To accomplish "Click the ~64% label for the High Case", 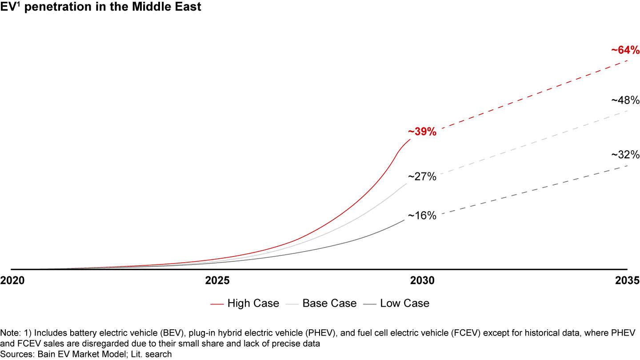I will coord(625,50).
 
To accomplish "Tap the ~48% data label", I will coord(625,100).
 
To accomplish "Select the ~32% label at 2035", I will coord(625,155).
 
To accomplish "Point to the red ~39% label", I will coord(422,132).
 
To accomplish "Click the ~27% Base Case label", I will coord(422,176).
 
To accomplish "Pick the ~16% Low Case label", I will coord(422,216).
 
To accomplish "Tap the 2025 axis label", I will coord(217,281).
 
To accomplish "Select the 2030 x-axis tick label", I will coord(422,281).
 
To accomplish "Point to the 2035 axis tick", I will coord(627,281).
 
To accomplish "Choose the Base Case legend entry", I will coord(321,304).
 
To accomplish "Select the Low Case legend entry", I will coord(396,304).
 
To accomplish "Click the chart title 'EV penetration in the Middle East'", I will coord(101,7).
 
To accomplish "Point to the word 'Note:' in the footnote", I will coord(10,333).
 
